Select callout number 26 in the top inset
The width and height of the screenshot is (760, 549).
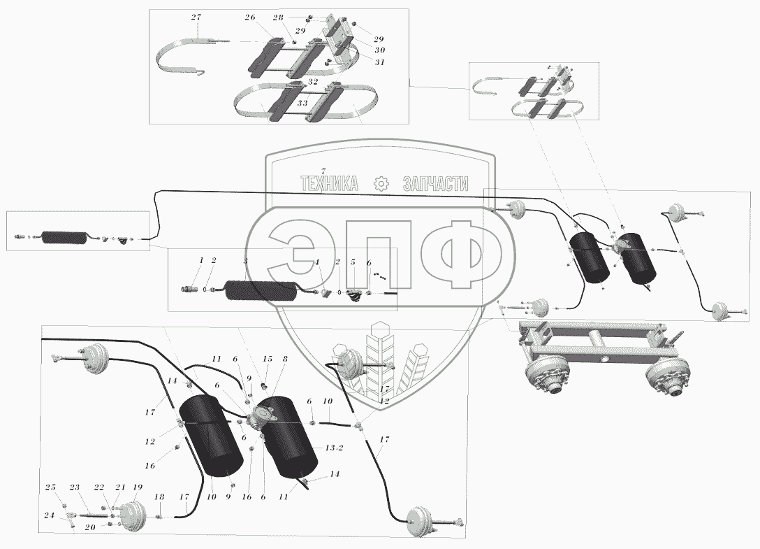pos(250,18)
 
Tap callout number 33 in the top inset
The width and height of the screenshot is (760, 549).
pos(302,103)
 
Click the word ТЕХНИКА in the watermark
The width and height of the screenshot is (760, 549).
pos(328,184)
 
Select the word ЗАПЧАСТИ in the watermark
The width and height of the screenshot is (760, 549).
pos(436,184)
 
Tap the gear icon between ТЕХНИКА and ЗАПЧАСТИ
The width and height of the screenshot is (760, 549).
pos(381,184)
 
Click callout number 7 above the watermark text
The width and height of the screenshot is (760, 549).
pos(323,171)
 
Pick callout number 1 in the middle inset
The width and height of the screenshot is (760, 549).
pos(201,260)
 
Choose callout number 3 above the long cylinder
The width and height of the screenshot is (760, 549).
pos(245,260)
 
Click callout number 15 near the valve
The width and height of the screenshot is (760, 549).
pos(266,358)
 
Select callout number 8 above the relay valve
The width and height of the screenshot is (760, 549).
pos(284,359)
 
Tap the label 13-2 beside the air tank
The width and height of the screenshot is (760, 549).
pos(334,448)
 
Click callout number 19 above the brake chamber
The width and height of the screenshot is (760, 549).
pos(137,487)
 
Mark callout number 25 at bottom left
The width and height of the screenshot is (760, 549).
pos(50,487)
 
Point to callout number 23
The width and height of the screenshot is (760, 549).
pos(75,487)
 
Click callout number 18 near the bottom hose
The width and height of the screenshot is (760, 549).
pos(159,497)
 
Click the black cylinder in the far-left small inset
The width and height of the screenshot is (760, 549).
pos(64,238)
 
